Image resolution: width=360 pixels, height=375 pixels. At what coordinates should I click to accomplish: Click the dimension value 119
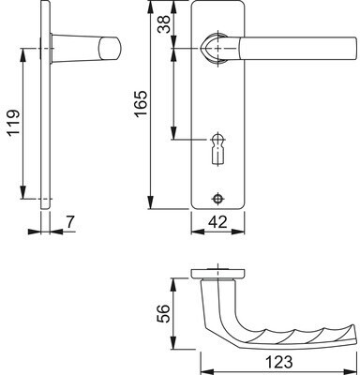click(14, 122)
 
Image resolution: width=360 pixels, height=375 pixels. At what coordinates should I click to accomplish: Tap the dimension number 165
click(141, 103)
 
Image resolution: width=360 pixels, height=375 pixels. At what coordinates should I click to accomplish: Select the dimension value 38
click(164, 24)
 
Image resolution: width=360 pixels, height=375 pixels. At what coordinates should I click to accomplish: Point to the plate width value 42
click(217, 222)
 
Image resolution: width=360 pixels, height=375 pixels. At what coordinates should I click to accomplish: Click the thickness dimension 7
click(70, 222)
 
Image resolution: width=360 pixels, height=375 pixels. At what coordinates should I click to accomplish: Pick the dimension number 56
click(163, 313)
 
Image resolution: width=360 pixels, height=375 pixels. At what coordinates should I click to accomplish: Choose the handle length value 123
click(279, 363)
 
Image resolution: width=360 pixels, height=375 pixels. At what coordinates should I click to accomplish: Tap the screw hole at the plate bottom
click(217, 199)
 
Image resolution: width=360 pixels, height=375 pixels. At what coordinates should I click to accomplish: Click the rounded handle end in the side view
click(109, 49)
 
